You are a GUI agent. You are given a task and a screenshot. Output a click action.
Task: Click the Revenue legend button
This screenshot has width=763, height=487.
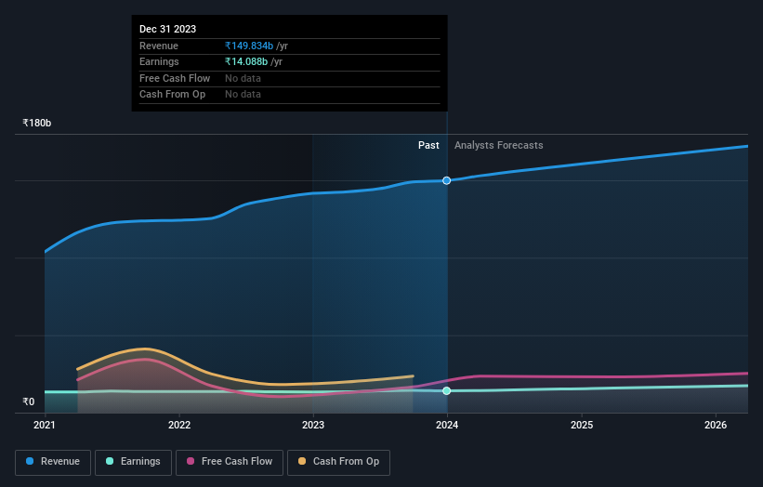pyautogui.click(x=53, y=462)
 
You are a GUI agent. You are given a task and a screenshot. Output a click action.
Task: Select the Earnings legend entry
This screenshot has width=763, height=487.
pyautogui.click(x=133, y=462)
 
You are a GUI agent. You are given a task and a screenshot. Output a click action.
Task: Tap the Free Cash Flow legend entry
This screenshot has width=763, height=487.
pyautogui.click(x=230, y=462)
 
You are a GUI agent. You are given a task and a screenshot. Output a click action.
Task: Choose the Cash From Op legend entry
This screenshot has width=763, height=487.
pyautogui.click(x=338, y=462)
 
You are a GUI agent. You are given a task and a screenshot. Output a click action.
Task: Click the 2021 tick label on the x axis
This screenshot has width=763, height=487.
pyautogui.click(x=45, y=426)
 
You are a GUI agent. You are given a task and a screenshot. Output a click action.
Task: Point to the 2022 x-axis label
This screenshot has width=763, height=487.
pyautogui.click(x=179, y=426)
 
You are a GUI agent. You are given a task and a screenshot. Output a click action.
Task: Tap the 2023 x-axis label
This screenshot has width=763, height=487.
pyautogui.click(x=313, y=426)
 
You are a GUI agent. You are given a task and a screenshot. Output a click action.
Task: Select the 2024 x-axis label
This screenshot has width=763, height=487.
pyautogui.click(x=447, y=426)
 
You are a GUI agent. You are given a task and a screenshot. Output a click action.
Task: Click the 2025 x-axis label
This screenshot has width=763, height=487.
pyautogui.click(x=582, y=426)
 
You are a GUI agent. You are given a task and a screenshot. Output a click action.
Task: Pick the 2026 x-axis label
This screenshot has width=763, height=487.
pyautogui.click(x=716, y=426)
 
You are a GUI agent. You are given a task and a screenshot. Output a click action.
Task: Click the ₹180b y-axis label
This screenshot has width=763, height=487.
pyautogui.click(x=37, y=123)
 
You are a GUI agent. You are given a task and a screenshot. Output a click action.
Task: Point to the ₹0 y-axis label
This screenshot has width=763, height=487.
pyautogui.click(x=29, y=402)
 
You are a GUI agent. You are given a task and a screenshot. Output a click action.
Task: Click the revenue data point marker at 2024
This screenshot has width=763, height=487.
pyautogui.click(x=447, y=180)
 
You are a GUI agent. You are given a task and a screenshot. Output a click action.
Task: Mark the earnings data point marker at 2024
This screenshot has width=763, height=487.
pyautogui.click(x=447, y=391)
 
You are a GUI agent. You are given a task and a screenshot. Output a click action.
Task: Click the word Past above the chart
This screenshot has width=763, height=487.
pyautogui.click(x=428, y=145)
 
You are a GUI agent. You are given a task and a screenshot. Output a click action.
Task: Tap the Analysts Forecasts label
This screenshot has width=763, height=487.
pyautogui.click(x=498, y=145)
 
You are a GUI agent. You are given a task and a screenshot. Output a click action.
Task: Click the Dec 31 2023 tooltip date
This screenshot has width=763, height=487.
pyautogui.click(x=167, y=30)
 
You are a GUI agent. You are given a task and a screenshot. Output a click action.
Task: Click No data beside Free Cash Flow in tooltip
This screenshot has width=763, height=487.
pyautogui.click(x=243, y=78)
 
